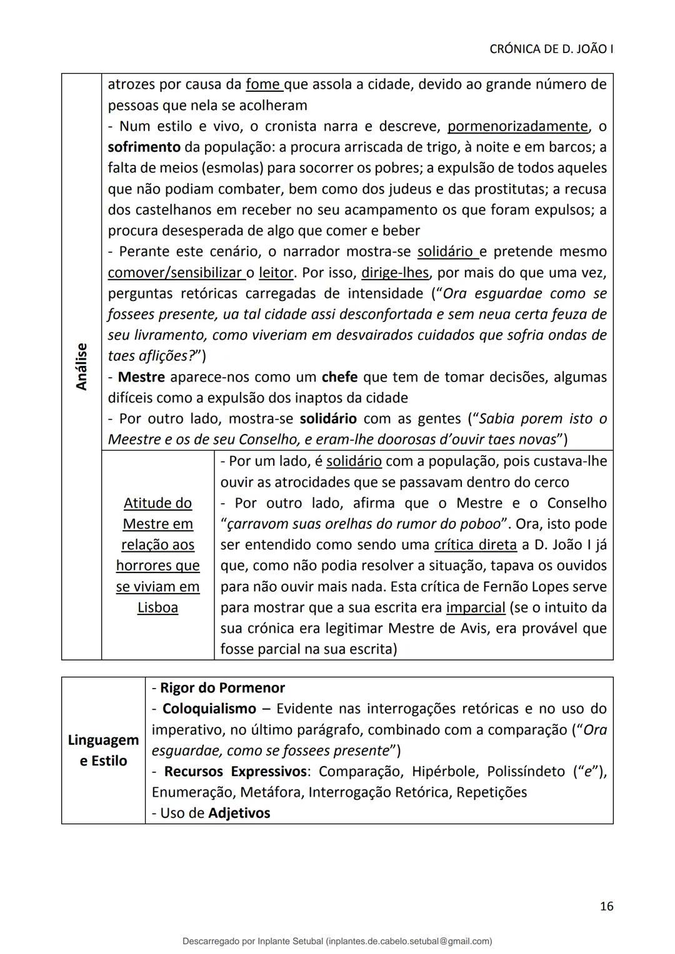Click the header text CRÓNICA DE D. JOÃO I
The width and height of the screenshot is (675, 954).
tap(550, 49)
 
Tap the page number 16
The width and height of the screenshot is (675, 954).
tap(606, 907)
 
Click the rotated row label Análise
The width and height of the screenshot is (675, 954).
tap(81, 366)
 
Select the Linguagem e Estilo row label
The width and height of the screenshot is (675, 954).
tap(103, 750)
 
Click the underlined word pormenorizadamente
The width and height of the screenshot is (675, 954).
tap(517, 127)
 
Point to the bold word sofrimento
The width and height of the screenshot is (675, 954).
tap(144, 147)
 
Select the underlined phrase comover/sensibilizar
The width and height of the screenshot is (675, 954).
tap(174, 273)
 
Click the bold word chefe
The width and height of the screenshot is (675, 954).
tap(339, 377)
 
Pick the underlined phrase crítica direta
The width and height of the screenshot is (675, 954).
tap(476, 545)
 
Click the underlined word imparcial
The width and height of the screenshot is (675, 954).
tap(476, 607)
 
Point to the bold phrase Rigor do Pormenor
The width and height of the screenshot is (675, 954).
tap(222, 688)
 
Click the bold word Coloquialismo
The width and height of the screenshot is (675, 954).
tap(209, 709)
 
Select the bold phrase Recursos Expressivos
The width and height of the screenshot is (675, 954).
tap(236, 772)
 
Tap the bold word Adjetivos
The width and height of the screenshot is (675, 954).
tap(239, 814)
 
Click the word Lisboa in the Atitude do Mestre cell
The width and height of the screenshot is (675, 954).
tap(157, 607)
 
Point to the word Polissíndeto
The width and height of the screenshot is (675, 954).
tap(526, 772)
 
